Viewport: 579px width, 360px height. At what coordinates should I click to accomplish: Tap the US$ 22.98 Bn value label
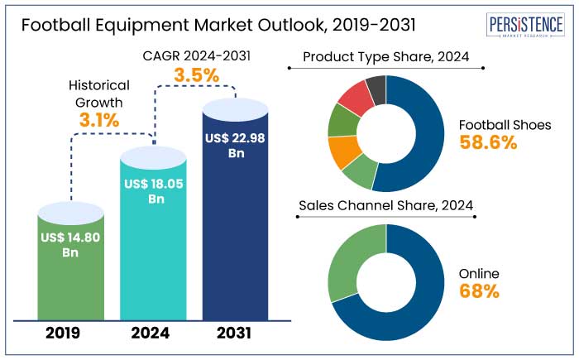(x=235, y=146)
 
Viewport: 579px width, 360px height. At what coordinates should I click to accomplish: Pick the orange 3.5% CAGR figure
(x=196, y=75)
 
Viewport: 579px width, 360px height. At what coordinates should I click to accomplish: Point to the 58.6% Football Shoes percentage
(x=488, y=142)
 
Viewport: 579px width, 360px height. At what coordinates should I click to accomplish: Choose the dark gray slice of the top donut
(x=376, y=85)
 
